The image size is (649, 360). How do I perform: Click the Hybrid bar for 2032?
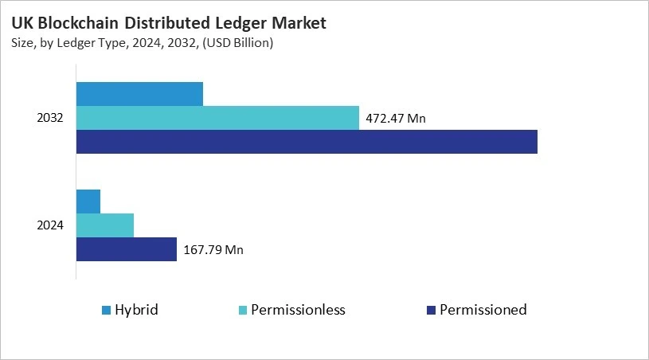tap(139, 94)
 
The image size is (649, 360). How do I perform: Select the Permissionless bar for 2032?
tap(217, 118)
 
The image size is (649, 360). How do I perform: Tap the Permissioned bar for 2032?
tap(307, 142)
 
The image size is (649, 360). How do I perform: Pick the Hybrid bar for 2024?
tap(88, 202)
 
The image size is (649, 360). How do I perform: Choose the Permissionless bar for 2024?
tap(105, 225)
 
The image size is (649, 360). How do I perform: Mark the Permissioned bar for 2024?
tap(127, 249)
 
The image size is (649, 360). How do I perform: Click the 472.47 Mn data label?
tap(396, 119)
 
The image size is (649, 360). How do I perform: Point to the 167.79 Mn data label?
tap(213, 250)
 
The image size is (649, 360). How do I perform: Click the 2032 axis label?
tap(50, 119)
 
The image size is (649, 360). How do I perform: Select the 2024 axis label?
tap(50, 225)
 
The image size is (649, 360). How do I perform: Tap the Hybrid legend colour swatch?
tap(106, 310)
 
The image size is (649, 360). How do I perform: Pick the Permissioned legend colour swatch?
tap(431, 310)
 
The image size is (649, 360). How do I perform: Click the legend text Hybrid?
tap(136, 310)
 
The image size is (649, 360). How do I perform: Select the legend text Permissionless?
tap(298, 310)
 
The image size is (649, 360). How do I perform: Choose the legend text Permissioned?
tap(483, 310)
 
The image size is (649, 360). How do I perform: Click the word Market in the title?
tap(299, 24)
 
